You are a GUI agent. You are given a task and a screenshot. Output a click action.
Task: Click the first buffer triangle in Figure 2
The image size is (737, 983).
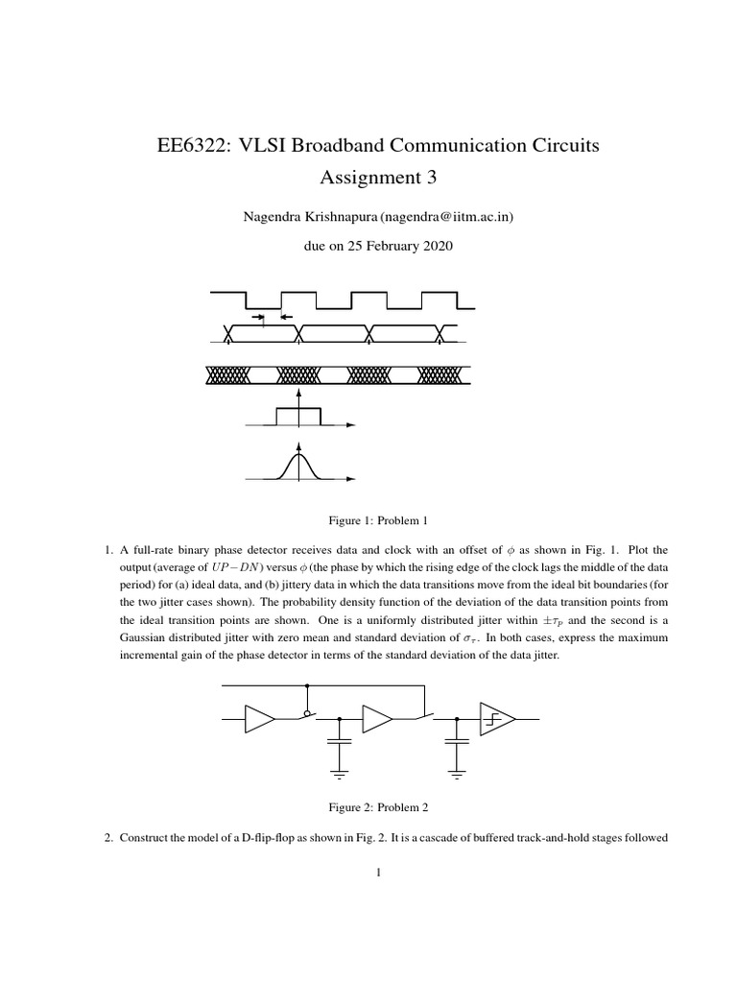pos(259,718)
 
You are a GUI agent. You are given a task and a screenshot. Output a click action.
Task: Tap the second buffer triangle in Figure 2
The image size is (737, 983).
pos(376,718)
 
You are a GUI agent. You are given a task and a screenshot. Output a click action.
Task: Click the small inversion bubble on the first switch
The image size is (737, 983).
pos(306,713)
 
